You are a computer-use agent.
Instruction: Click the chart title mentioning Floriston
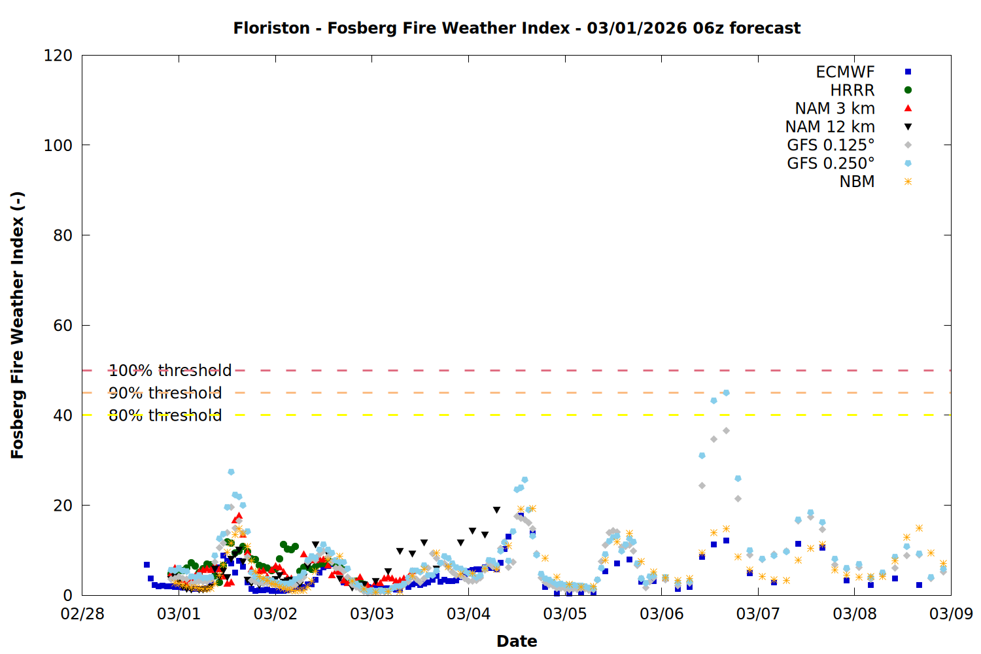(517, 28)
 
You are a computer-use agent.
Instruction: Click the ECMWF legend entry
(845, 72)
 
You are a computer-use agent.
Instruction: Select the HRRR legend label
(852, 90)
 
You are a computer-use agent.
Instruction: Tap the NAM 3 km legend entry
(835, 109)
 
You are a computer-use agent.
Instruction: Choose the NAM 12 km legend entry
(830, 127)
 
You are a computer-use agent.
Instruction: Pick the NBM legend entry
(857, 182)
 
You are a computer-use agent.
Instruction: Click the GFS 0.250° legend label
(831, 163)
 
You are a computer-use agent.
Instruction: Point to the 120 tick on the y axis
(58, 56)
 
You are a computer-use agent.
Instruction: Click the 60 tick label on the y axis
(63, 325)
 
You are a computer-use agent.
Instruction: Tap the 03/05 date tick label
(565, 614)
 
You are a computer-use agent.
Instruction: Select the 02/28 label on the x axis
(82, 614)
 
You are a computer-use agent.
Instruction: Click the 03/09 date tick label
(951, 614)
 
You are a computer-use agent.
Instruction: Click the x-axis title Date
(517, 641)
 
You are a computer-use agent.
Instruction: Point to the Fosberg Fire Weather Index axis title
(18, 325)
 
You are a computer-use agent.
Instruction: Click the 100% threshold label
(170, 371)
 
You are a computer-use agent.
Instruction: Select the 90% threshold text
(165, 393)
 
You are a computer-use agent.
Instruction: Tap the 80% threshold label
(165, 415)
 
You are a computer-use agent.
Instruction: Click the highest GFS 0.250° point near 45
(726, 393)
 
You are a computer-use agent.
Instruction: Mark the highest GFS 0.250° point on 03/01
(231, 472)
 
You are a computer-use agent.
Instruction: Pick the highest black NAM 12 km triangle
(496, 510)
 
